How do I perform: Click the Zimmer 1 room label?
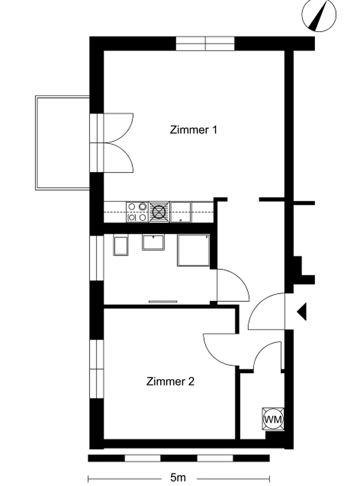[x=193, y=130]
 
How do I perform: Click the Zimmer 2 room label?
[x=170, y=381]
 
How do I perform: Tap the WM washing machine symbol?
[x=273, y=419]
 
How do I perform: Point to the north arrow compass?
[x=319, y=16]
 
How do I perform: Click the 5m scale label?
[x=178, y=477]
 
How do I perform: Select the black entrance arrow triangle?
[x=302, y=312]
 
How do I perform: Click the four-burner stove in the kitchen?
[x=138, y=212]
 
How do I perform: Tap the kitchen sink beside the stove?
[x=181, y=212]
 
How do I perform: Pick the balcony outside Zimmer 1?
[x=62, y=143]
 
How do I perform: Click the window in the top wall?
[x=205, y=43]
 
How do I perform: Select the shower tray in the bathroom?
[x=193, y=250]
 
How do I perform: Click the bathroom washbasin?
[x=153, y=242]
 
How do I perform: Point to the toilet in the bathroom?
[x=121, y=246]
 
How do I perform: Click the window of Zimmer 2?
[x=96, y=369]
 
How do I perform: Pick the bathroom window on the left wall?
[x=96, y=258]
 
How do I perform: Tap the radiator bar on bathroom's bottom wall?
[x=163, y=301]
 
